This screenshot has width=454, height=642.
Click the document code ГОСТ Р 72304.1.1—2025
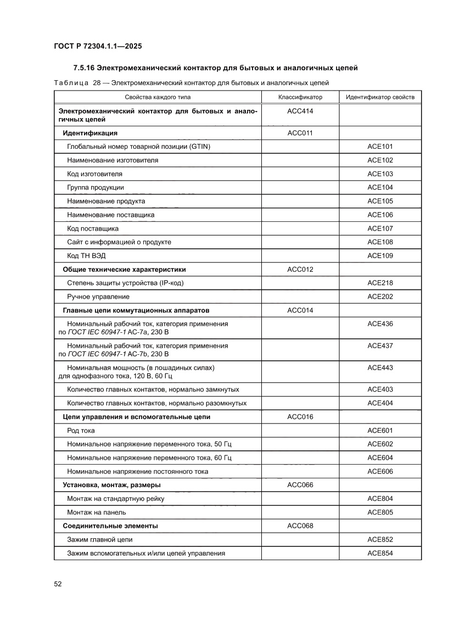[98, 46]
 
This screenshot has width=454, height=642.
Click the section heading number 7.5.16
[85, 68]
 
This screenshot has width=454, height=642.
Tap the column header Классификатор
[300, 97]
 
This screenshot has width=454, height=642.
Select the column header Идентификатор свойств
[380, 97]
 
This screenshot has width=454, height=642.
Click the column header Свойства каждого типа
[158, 97]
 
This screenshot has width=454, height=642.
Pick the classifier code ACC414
[300, 111]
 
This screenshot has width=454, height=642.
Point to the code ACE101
[380, 147]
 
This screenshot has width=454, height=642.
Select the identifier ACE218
[380, 283]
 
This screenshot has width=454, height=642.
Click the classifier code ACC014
[300, 310]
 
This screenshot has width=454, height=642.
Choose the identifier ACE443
[380, 367]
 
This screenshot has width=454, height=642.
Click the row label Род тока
[81, 431]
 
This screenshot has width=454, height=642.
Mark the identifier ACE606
[380, 472]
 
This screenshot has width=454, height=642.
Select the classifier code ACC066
[300, 485]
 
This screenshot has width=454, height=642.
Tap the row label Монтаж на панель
[96, 512]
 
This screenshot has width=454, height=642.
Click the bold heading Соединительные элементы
[110, 526]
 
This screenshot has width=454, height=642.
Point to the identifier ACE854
[380, 553]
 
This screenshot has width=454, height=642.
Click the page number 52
[58, 584]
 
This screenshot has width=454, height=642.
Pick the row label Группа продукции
[95, 187]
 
